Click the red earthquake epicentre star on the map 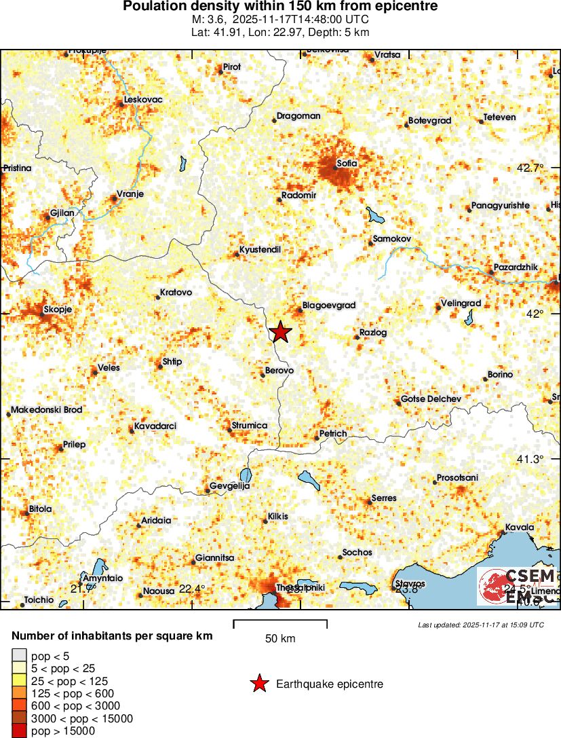(x=280, y=332)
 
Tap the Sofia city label (x=347, y=163)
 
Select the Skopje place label (x=57, y=310)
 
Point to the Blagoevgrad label (x=329, y=306)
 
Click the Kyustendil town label (x=260, y=250)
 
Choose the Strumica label (x=250, y=426)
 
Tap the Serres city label (x=384, y=498)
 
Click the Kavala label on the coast (x=520, y=528)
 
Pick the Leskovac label (x=143, y=100)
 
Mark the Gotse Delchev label (x=431, y=399)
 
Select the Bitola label (x=40, y=509)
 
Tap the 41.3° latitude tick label (x=530, y=460)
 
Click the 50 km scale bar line (x=280, y=621)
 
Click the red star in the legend (x=258, y=684)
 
